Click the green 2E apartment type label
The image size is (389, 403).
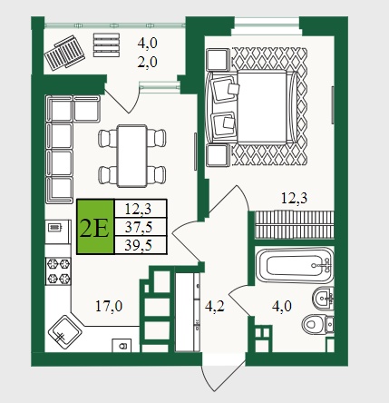click(95, 227)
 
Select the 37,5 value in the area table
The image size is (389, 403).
click(139, 227)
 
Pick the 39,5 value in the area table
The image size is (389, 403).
click(139, 245)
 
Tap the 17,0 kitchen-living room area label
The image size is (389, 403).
click(109, 306)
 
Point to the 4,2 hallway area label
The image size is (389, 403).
click(214, 306)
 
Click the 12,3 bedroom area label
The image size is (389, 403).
click(294, 199)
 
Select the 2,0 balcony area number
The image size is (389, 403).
click(148, 63)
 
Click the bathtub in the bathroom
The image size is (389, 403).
click(295, 266)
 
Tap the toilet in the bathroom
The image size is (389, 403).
click(318, 325)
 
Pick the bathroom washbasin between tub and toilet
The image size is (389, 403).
click(323, 298)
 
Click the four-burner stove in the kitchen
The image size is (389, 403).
click(58, 270)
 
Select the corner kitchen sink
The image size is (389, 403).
click(64, 332)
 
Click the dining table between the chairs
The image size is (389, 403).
click(132, 156)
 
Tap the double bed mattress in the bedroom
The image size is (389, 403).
click(262, 106)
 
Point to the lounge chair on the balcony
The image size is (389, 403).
click(64, 53)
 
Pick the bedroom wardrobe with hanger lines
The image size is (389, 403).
click(295, 224)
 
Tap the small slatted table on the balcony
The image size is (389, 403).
click(106, 44)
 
